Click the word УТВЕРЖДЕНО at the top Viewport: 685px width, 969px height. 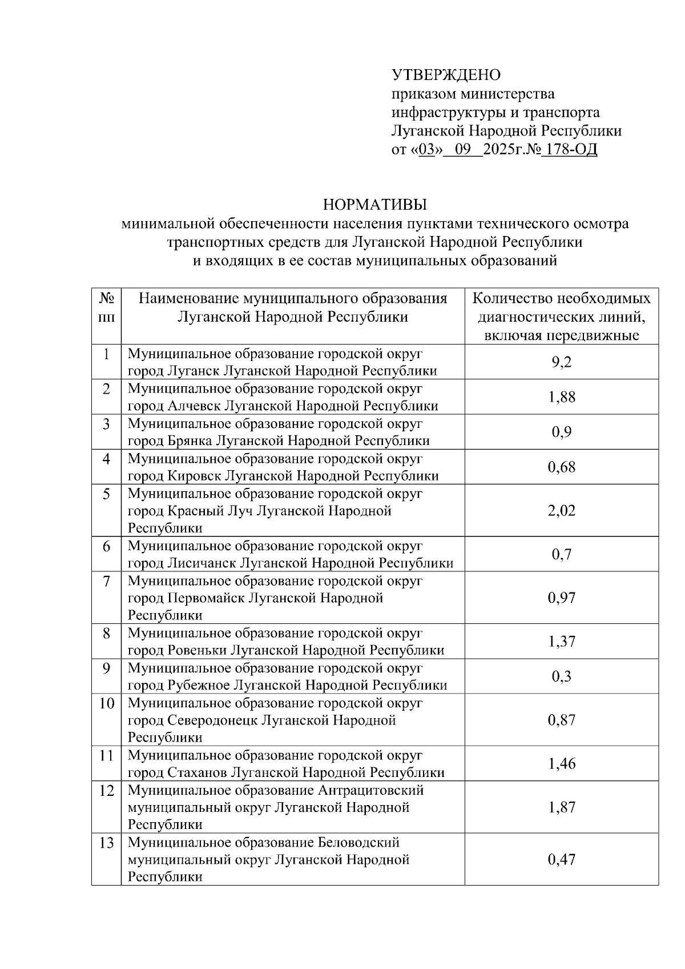point(446,75)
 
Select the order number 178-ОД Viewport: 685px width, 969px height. point(569,150)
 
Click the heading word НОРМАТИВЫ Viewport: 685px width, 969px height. point(375,205)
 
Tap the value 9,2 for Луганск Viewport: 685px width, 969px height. point(562,362)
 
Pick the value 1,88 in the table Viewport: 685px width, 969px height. point(562,397)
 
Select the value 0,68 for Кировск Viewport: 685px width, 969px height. point(562,467)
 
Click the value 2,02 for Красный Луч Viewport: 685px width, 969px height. point(562,510)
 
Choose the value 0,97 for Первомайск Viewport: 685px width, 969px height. point(562,598)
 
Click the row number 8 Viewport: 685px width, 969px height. point(107,634)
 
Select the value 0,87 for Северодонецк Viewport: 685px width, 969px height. point(562,720)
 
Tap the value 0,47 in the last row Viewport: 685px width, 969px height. point(562,860)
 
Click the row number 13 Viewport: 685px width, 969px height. point(107,843)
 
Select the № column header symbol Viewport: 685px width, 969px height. point(107,298)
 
